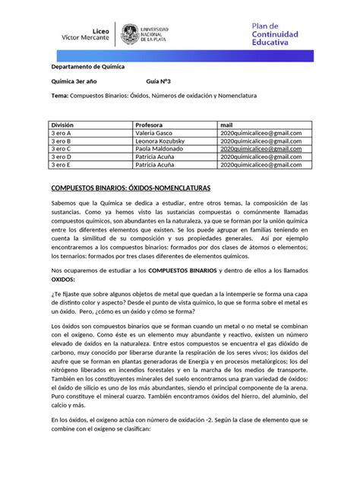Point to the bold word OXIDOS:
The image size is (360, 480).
point(65,279)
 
